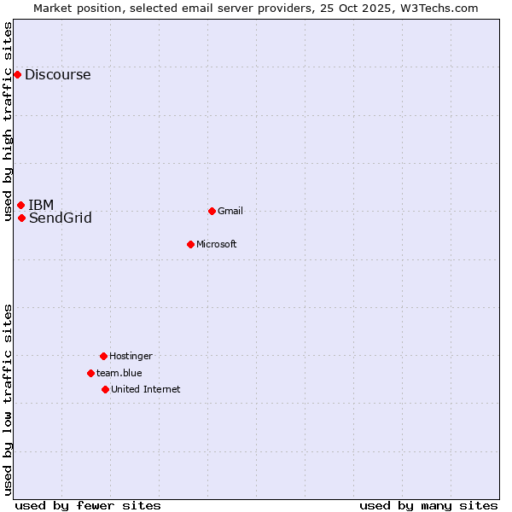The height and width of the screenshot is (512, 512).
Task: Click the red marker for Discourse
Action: pos(17,74)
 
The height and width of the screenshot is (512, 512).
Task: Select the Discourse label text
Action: pos(57,74)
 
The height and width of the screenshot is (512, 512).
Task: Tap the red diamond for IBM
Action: pos(20,205)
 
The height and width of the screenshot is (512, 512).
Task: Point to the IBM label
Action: pos(41,205)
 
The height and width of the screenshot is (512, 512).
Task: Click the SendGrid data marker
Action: pos(21,218)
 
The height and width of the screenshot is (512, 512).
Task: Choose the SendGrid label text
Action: pos(60,218)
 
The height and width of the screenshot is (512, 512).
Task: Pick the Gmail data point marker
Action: pos(212,211)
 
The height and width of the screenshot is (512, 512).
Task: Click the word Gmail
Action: pos(230,211)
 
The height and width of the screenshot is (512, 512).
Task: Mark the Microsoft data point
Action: pos(190,244)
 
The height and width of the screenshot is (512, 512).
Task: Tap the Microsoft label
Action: pos(216,244)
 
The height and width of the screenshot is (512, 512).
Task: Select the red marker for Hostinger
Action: pos(103,356)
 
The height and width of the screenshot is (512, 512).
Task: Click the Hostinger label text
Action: pos(131,356)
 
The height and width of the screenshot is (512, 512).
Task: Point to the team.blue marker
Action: pos(90,373)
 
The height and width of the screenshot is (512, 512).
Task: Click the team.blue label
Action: pos(119,373)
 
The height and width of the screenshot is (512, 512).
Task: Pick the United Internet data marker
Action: pos(105,389)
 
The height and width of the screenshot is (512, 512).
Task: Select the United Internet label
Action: pos(145,389)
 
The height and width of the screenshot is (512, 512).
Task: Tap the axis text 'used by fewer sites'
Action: pos(88,505)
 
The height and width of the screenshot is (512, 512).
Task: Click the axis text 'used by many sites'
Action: pos(428,505)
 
